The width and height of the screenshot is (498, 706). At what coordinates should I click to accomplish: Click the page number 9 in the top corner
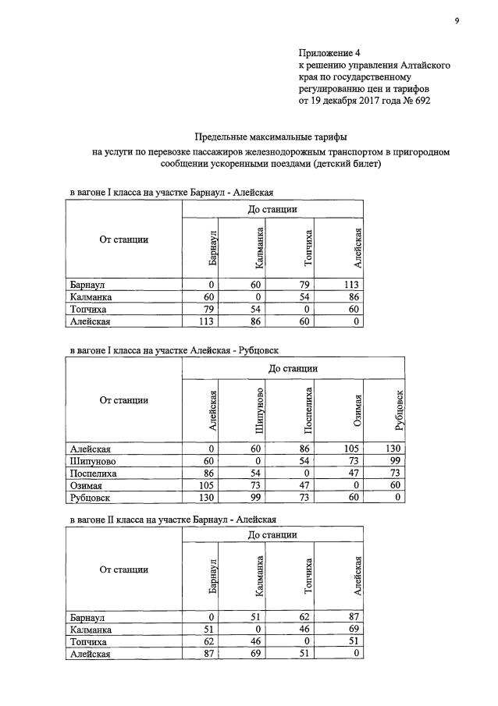click(457, 20)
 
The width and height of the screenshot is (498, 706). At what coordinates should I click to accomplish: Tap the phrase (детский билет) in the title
click(350, 165)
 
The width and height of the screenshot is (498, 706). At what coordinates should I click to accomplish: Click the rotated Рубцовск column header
click(400, 410)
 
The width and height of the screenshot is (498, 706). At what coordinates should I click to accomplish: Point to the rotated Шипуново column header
click(259, 412)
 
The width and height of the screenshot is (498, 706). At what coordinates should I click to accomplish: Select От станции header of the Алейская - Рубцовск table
click(123, 400)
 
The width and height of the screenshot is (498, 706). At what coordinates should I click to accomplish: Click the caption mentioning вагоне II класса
click(172, 519)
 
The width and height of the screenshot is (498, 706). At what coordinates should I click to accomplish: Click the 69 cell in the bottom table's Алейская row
click(255, 654)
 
